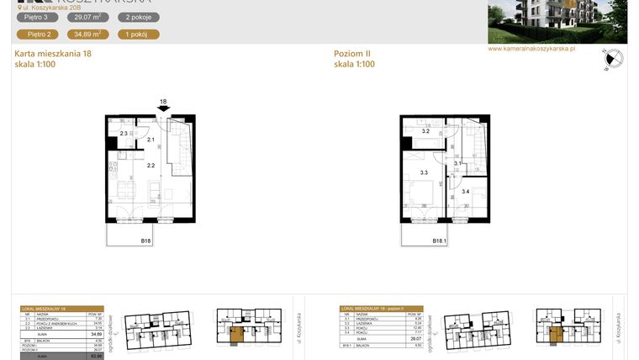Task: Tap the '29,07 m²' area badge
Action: click(x=87, y=17)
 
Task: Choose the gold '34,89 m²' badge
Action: click(x=87, y=34)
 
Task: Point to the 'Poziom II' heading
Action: click(x=351, y=54)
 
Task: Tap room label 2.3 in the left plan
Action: click(x=123, y=134)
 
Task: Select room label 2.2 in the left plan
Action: click(x=151, y=166)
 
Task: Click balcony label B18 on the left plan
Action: click(x=145, y=241)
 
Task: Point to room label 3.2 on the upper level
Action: click(x=425, y=132)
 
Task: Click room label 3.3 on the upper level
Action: click(x=424, y=173)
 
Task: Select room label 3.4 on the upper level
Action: click(x=465, y=192)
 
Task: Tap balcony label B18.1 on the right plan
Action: click(x=440, y=241)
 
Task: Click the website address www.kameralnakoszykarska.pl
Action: click(x=531, y=50)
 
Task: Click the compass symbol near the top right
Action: click(x=612, y=59)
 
